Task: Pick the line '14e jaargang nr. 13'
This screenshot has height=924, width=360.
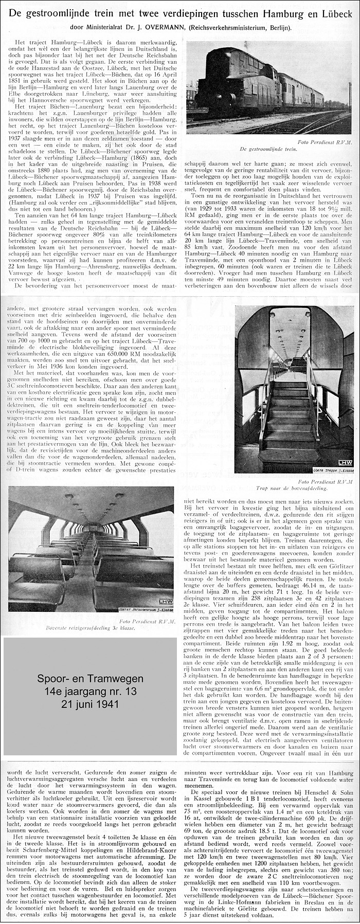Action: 90,692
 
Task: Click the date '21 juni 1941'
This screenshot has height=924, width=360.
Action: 90,704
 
